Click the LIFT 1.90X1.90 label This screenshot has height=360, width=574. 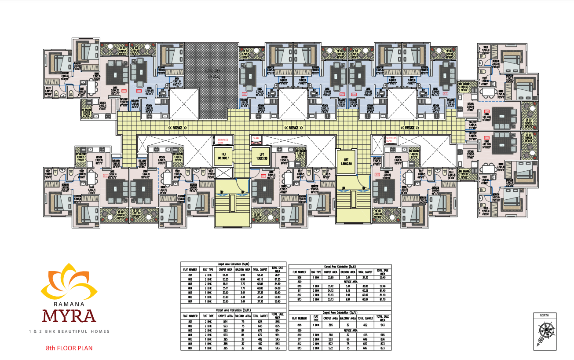(258, 154)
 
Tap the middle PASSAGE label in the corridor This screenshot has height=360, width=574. (294, 128)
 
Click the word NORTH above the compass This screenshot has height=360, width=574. (544, 316)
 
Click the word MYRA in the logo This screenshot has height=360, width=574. (68, 315)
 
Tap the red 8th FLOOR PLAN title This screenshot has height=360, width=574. (69, 348)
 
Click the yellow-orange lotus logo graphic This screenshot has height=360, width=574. (68, 282)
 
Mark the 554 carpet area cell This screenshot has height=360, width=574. (225, 321)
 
